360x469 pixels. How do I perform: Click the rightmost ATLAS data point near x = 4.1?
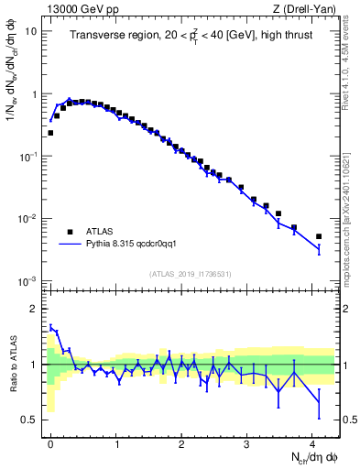point(319,236)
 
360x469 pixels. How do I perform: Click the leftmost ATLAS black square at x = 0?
point(50,133)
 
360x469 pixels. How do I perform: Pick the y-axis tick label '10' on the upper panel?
point(29,32)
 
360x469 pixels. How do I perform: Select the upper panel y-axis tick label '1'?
point(33,94)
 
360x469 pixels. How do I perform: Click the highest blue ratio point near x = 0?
point(51,326)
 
